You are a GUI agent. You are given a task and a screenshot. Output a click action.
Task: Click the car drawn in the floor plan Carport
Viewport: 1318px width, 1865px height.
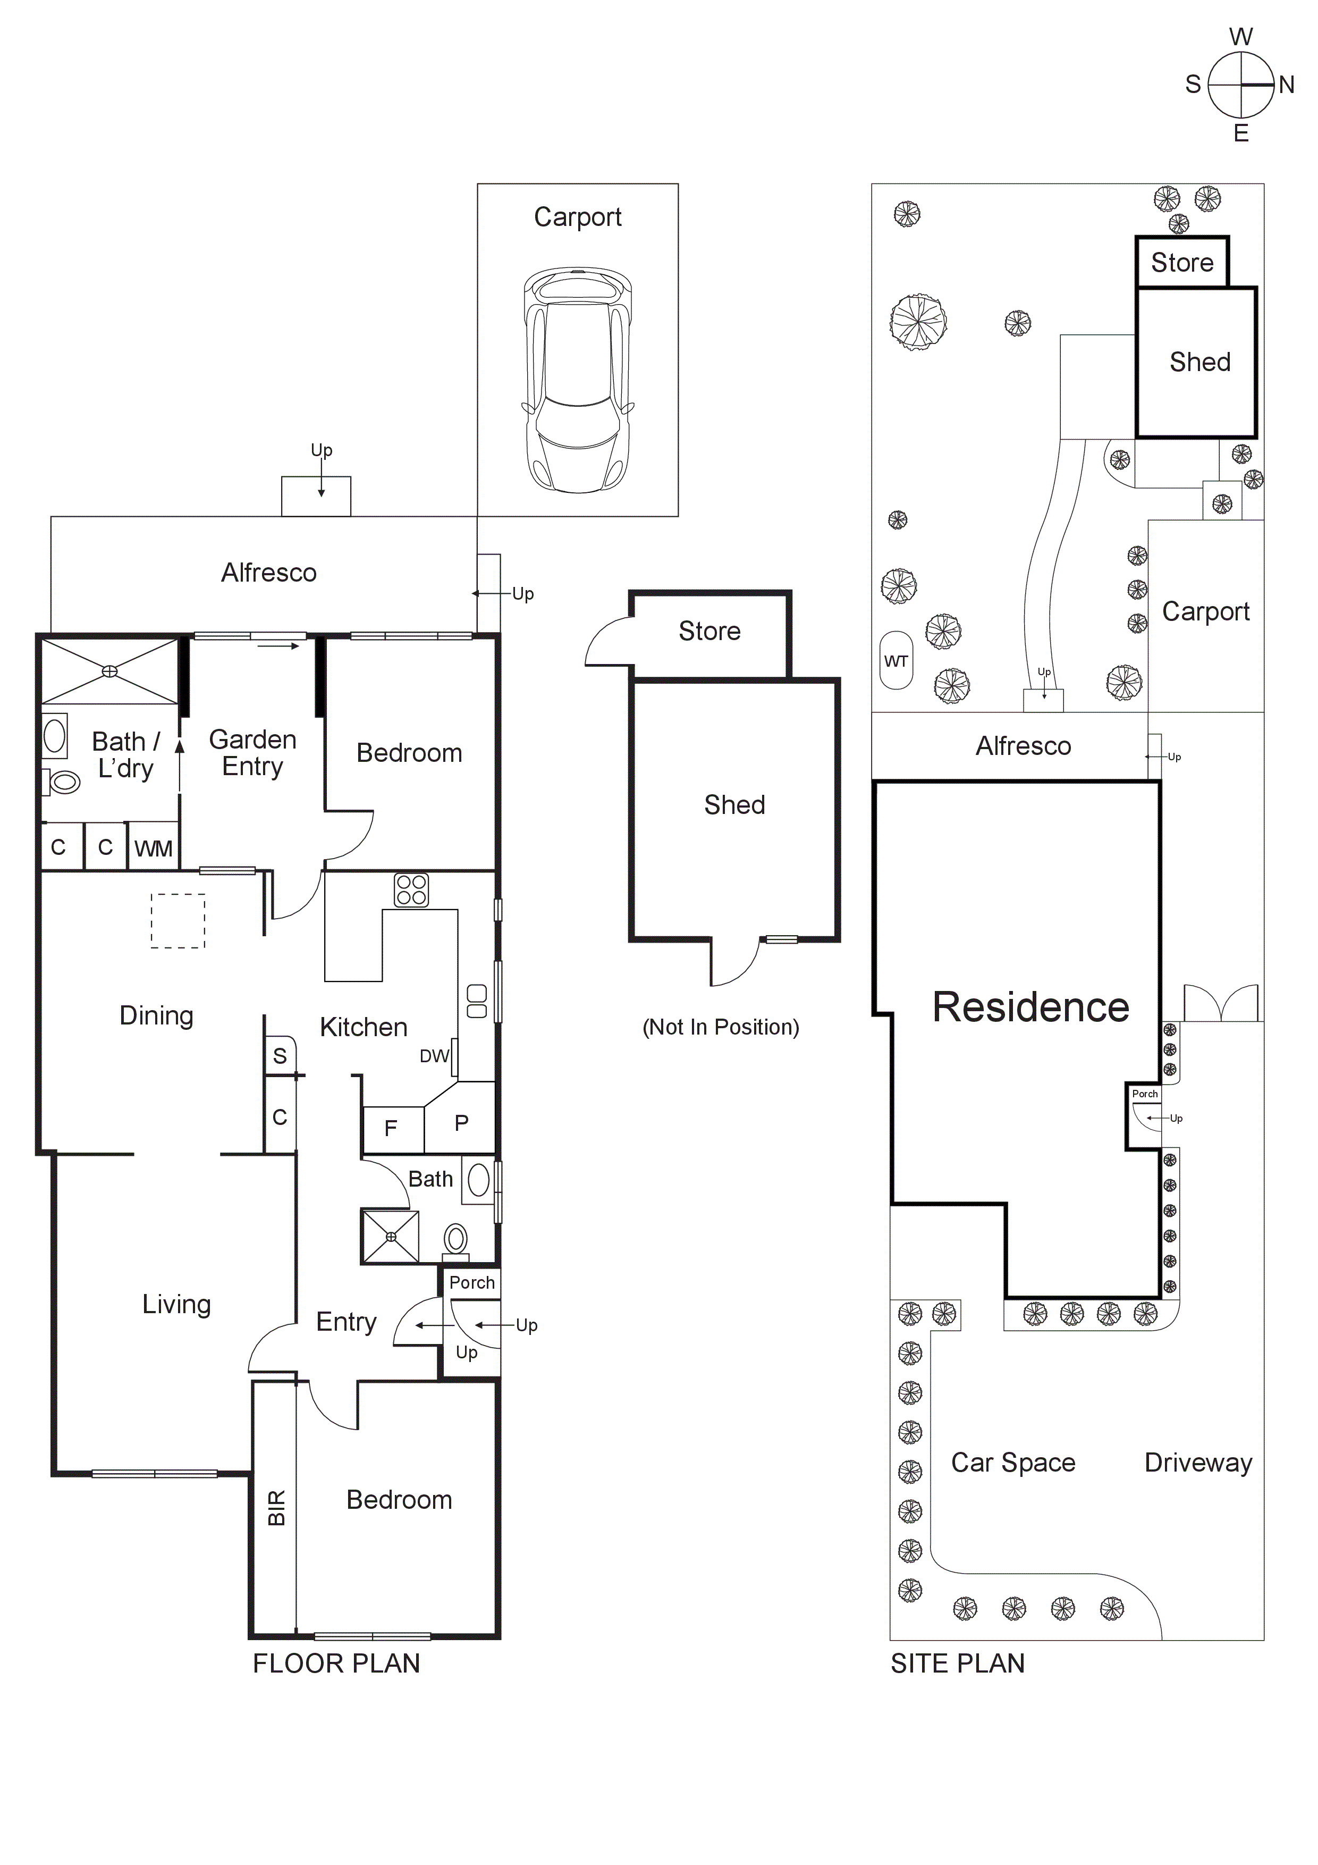[577, 380]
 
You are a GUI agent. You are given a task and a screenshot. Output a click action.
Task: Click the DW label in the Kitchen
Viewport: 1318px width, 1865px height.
[434, 1056]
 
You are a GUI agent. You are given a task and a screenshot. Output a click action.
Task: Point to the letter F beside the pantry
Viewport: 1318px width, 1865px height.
[391, 1128]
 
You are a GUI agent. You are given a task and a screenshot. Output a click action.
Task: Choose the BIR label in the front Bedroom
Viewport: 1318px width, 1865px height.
[276, 1508]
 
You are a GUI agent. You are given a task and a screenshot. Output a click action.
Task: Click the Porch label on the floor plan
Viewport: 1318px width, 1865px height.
[472, 1283]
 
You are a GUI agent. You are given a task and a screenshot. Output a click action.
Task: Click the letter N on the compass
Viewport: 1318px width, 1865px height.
[1286, 85]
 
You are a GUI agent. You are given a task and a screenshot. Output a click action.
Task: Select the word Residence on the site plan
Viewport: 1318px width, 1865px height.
[1030, 1007]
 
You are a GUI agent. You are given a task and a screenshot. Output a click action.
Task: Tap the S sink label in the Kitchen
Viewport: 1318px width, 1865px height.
[280, 1056]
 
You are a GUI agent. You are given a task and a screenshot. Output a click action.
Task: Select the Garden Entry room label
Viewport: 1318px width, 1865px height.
[252, 752]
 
